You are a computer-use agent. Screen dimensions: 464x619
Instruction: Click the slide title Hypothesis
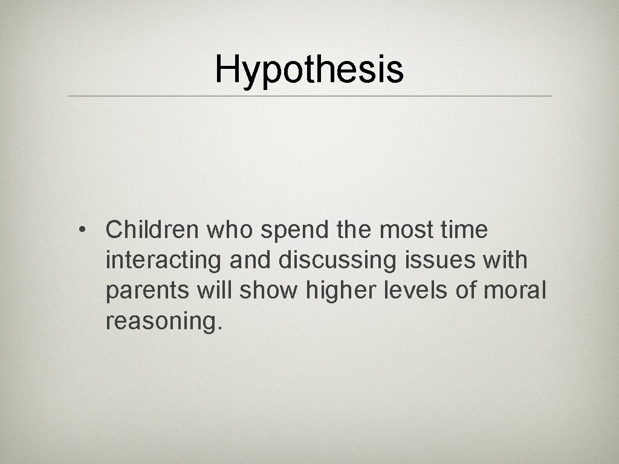tap(309, 69)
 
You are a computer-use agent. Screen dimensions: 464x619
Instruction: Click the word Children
tap(152, 230)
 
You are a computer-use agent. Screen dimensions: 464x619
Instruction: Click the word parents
tap(148, 292)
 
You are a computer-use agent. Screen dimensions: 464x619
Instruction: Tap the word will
tap(215, 291)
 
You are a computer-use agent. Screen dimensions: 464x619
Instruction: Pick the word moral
tap(516, 291)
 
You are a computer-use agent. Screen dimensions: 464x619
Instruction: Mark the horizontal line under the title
tap(309, 96)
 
